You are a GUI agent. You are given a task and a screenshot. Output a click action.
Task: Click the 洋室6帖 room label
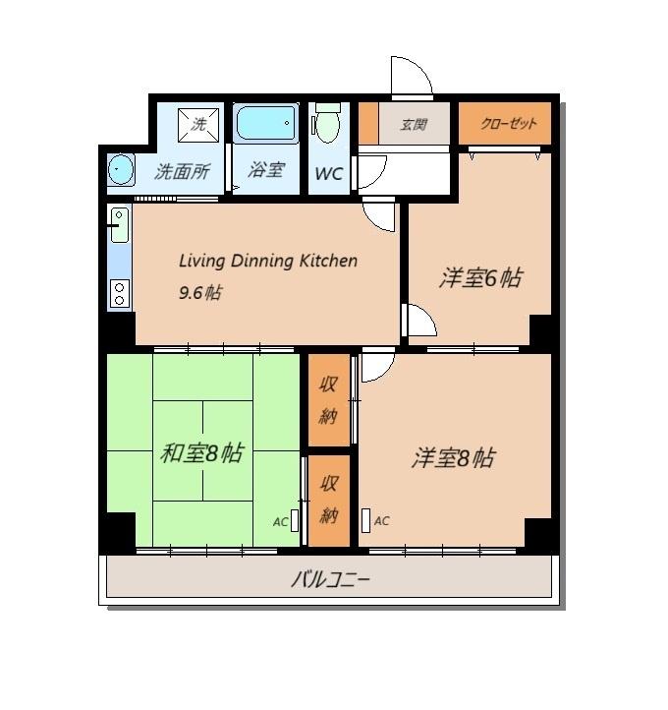[x=479, y=278]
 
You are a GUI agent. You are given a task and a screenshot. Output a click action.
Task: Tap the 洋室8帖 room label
[x=453, y=458]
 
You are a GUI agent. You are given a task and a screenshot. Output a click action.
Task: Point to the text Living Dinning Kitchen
[x=267, y=262]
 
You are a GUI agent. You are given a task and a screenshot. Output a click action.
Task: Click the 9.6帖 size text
[x=199, y=292]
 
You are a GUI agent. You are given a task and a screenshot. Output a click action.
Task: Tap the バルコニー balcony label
[x=330, y=579]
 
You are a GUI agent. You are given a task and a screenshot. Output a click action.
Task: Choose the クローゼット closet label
[x=509, y=124]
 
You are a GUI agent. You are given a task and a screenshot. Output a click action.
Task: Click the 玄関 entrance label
[x=414, y=125]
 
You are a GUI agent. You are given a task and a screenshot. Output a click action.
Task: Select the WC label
[x=328, y=174]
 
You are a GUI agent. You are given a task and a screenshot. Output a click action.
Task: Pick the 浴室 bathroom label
[x=266, y=169]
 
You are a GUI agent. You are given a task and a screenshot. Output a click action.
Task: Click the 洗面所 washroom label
[x=183, y=171]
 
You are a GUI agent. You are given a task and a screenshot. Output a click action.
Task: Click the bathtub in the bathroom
[x=266, y=124]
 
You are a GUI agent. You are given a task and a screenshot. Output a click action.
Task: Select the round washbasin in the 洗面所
[x=120, y=169]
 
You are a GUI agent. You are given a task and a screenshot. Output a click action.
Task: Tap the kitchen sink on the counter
[x=120, y=225]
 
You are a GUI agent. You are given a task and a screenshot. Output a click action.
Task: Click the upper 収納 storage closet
[x=329, y=400]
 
